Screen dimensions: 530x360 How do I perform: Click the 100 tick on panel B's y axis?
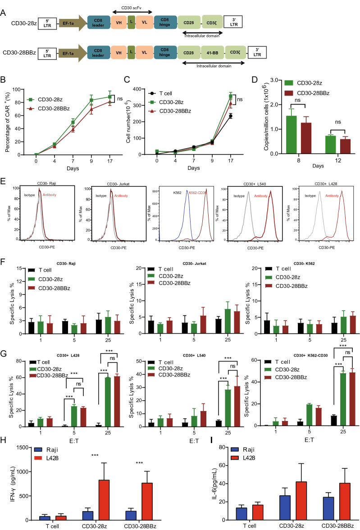point(31,89)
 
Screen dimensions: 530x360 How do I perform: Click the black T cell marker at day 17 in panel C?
point(230,116)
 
